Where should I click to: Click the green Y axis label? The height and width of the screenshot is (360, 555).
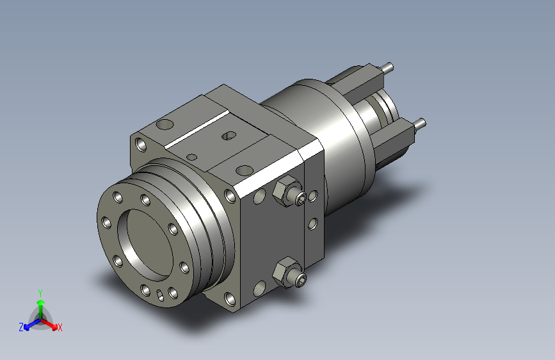tap(40, 293)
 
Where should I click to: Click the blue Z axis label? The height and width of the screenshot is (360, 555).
tap(21, 327)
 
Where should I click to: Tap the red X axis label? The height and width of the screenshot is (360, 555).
tap(60, 327)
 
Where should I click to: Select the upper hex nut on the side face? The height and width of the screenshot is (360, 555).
tap(284, 190)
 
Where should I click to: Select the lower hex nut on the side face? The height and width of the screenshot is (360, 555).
tap(284, 272)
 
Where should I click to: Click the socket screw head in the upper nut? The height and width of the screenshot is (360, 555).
tap(302, 198)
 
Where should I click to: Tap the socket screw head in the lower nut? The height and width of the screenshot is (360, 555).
tap(302, 279)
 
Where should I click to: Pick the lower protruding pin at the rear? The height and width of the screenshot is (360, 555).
tap(420, 124)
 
